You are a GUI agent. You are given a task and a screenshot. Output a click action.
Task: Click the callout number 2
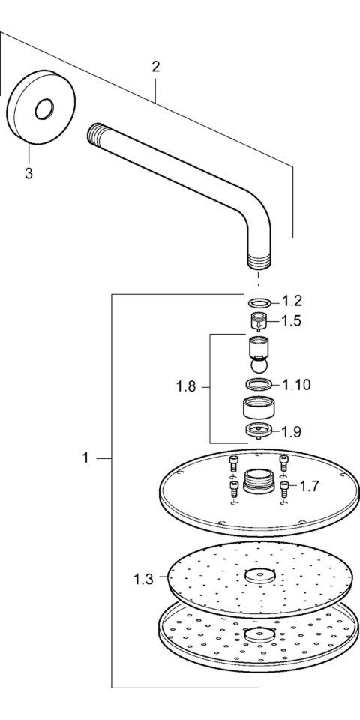tap(156, 67)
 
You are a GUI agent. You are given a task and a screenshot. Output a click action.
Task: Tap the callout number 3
tap(29, 174)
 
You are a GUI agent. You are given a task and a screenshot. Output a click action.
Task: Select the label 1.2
tap(292, 301)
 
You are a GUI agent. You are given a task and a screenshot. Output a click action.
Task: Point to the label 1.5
tap(292, 320)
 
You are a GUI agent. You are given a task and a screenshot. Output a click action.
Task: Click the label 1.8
tap(186, 387)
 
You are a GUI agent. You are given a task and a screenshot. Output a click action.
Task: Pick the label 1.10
tap(296, 385)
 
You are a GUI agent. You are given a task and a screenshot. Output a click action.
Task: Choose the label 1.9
tap(292, 431)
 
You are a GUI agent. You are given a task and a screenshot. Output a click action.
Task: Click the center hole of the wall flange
tap(44, 109)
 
